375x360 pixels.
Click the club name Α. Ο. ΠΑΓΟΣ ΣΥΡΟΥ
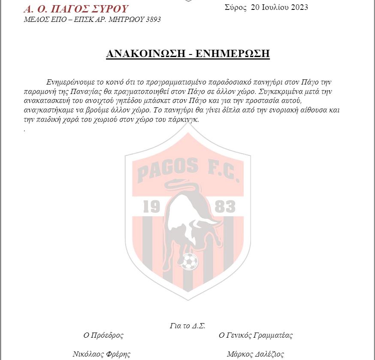(x=76, y=9)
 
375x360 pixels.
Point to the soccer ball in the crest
(x=189, y=261)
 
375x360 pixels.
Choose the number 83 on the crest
(x=225, y=207)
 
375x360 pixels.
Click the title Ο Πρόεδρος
(x=103, y=336)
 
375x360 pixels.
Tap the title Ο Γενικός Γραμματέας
(x=256, y=336)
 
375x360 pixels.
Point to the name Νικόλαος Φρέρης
(x=102, y=354)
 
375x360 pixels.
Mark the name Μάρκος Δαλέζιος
(x=255, y=354)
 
